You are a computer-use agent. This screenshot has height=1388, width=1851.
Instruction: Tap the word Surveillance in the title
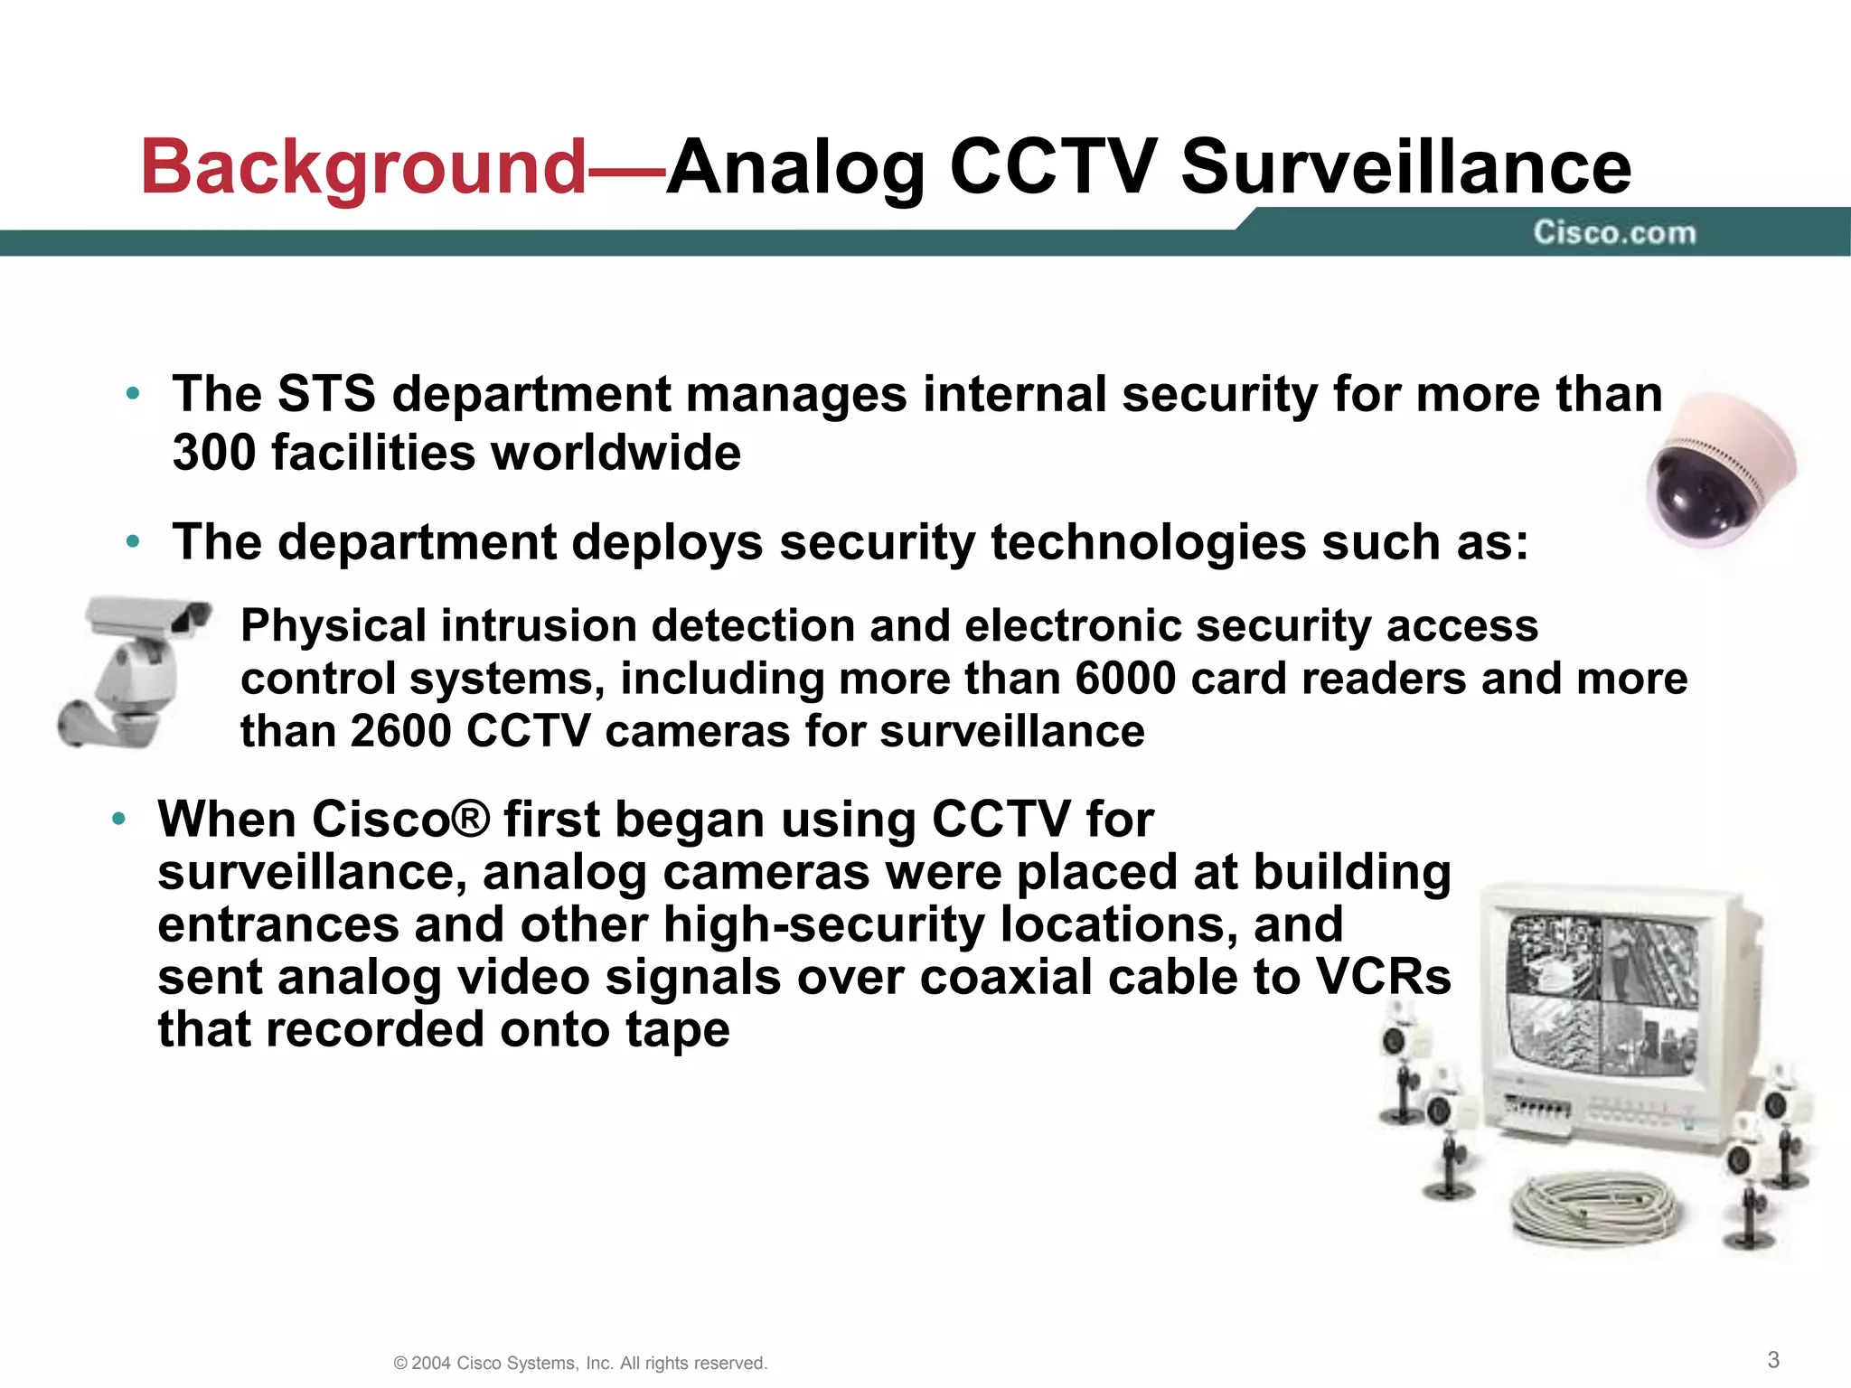point(1405,167)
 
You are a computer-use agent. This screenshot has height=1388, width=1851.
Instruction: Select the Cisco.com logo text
point(1614,233)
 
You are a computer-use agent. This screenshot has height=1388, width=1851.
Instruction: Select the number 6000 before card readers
point(1124,679)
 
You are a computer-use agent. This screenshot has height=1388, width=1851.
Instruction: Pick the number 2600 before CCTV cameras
point(400,731)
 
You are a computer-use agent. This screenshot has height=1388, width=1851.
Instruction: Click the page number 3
point(1773,1359)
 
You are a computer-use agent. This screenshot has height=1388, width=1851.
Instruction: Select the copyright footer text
point(580,1363)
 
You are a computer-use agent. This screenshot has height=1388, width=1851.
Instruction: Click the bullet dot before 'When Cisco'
point(118,820)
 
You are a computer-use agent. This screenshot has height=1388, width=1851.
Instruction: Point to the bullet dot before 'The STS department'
point(133,395)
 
